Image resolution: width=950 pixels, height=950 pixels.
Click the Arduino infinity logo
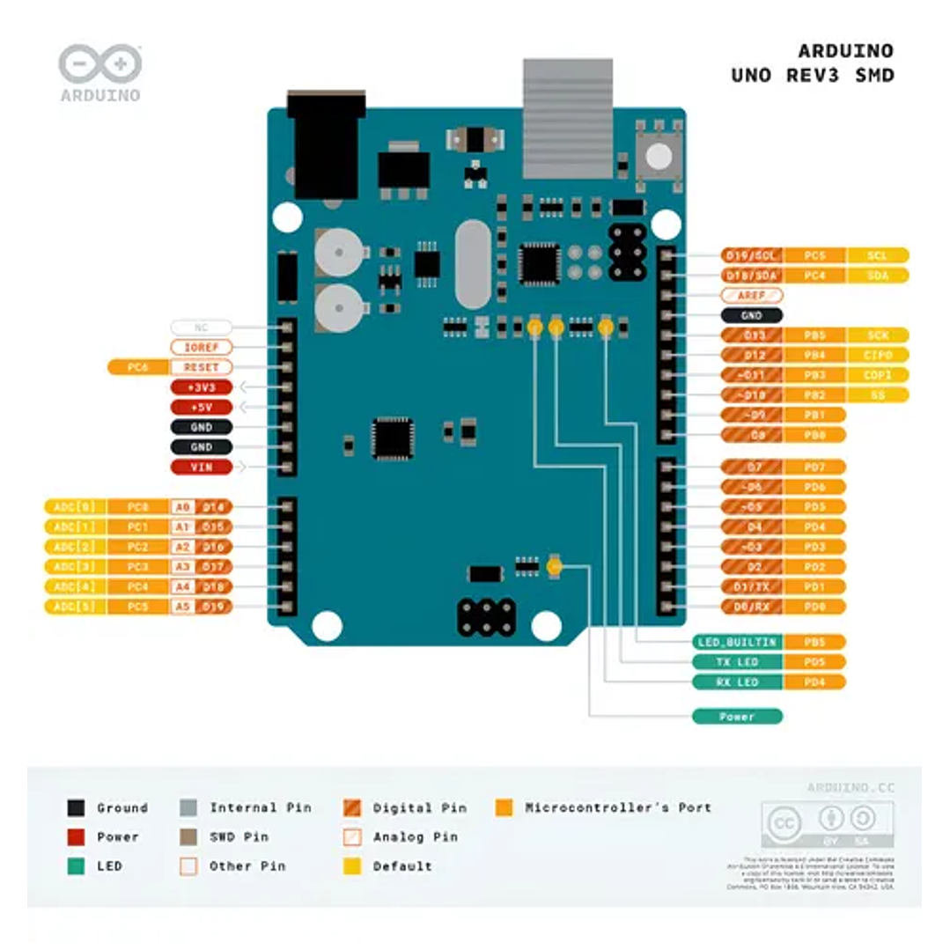[x=99, y=65]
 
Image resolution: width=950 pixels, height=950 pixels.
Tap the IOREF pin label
[x=202, y=347]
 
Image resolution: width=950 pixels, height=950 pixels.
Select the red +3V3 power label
[x=202, y=387]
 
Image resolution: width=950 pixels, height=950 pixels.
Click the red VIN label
[x=202, y=468]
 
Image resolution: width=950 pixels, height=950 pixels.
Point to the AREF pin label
[x=751, y=296]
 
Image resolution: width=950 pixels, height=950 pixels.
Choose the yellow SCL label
[x=877, y=255]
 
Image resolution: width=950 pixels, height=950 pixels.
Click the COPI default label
[x=877, y=376]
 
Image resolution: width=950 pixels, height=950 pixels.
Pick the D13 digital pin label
[x=751, y=335]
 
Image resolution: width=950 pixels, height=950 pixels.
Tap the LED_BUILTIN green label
[x=736, y=642]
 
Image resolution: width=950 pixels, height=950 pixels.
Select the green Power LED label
[x=737, y=717]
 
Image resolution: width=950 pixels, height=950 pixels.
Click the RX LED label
[x=736, y=682]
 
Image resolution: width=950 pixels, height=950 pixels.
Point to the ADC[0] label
[x=75, y=507]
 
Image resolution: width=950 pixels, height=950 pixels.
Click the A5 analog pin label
[x=182, y=607]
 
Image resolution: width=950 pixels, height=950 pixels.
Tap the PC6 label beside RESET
[x=136, y=367]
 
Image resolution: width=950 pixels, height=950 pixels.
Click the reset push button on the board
[x=658, y=158]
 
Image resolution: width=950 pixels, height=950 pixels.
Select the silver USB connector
[x=567, y=118]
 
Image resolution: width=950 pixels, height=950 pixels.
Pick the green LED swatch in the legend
[x=77, y=866]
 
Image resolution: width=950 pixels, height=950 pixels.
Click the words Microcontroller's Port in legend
[x=618, y=807]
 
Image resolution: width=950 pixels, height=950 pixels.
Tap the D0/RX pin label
[x=751, y=607]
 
